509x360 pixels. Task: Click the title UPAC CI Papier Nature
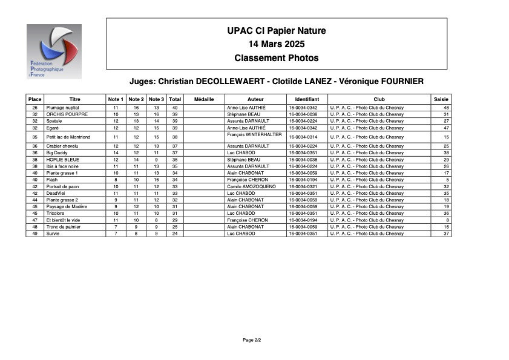276,31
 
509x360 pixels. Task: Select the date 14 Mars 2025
276,44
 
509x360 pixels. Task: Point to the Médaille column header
204,99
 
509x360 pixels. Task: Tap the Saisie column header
441,99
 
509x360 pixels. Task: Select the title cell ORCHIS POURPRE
67,114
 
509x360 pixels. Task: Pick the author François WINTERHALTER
254,135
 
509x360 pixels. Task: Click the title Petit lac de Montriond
68,137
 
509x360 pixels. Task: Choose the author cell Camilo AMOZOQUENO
251,187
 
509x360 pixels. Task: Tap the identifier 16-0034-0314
303,137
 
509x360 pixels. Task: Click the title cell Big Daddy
57,153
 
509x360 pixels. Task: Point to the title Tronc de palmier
63,227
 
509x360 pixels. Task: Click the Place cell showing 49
35,234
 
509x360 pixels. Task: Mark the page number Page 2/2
252,340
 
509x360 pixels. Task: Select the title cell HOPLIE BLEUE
63,160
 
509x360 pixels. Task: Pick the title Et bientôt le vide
63,220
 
